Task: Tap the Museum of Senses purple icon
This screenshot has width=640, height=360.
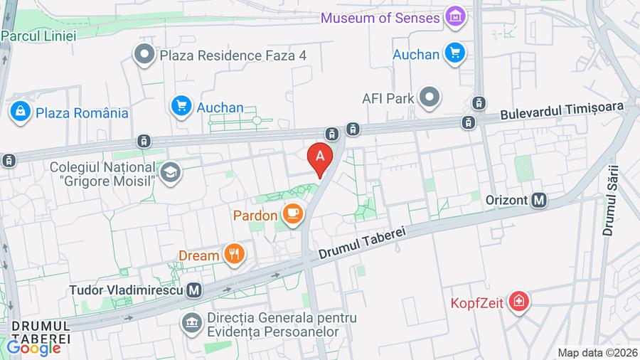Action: (455, 16)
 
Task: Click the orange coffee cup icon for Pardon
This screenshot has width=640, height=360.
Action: (292, 212)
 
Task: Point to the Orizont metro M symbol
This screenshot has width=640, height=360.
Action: (540, 200)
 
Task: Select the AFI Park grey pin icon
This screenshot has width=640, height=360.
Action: (430, 97)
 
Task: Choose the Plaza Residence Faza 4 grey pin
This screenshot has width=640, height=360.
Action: (144, 53)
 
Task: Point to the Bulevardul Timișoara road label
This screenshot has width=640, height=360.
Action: (562, 110)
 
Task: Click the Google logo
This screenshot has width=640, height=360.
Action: (33, 348)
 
